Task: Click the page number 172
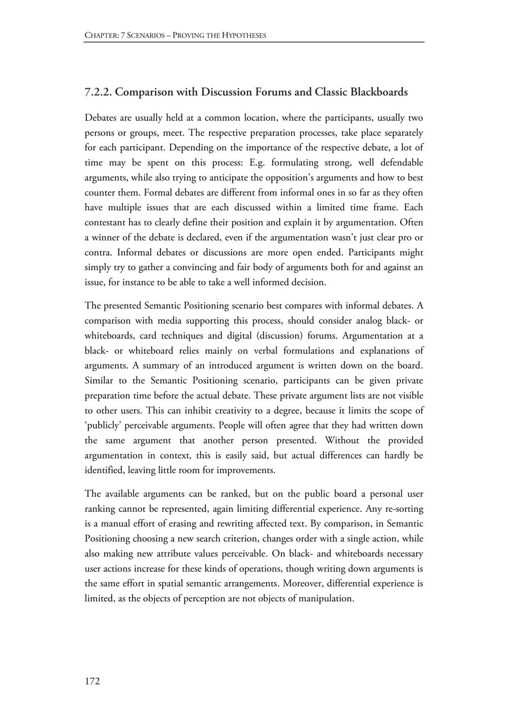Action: click(x=92, y=681)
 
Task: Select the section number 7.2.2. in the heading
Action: click(x=101, y=92)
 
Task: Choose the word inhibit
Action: click(x=197, y=410)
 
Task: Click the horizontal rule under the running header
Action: click(x=254, y=42)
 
